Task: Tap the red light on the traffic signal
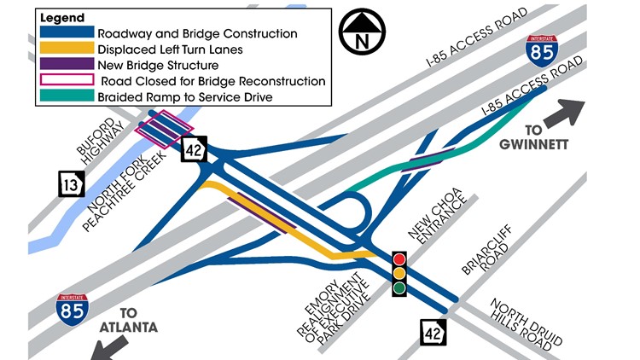tap(399, 258)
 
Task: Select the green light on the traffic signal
tap(399, 288)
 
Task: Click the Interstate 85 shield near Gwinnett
tap(542, 51)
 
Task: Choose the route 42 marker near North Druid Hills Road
tap(432, 332)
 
